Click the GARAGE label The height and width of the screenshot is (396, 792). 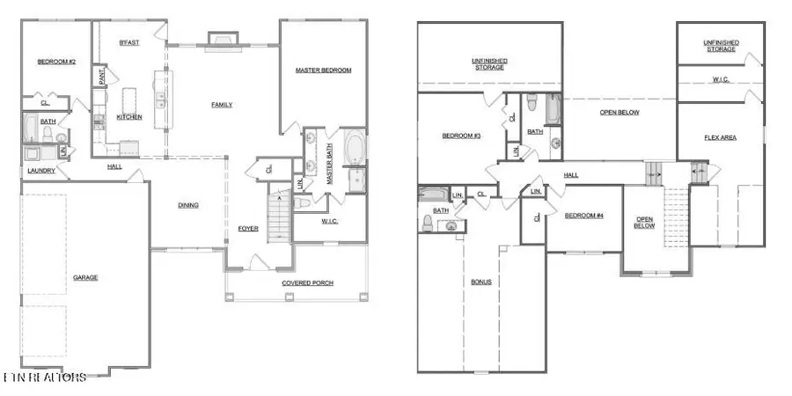(85, 278)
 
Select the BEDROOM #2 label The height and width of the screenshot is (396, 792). (56, 62)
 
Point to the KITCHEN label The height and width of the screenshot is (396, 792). (129, 117)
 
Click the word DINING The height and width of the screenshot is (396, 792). (188, 205)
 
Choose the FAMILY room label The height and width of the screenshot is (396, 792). (222, 105)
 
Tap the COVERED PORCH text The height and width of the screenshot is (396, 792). (306, 283)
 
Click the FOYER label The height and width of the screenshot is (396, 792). (248, 230)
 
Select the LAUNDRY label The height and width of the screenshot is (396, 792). (41, 171)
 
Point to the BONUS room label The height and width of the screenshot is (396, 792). (480, 282)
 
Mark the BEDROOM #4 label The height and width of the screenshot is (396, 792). (582, 216)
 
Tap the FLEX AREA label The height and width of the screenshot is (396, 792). (720, 137)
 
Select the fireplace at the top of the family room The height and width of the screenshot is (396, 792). (222, 38)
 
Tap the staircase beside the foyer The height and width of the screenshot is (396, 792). (279, 217)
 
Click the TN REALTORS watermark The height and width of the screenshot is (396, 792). (44, 378)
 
